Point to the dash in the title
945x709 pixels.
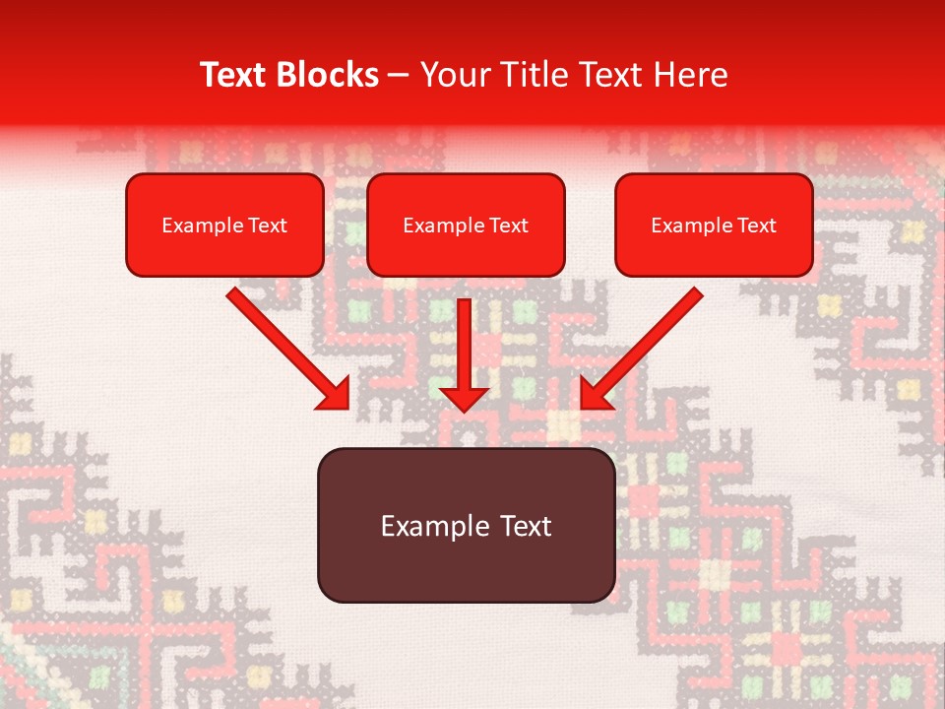399,76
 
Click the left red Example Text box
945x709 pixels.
224,226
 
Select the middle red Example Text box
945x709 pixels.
466,226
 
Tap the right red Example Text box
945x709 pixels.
714,226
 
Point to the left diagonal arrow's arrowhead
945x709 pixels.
335,394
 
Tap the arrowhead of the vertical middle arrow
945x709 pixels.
465,398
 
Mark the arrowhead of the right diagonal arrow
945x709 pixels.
595,394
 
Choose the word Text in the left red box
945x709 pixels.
269,226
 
